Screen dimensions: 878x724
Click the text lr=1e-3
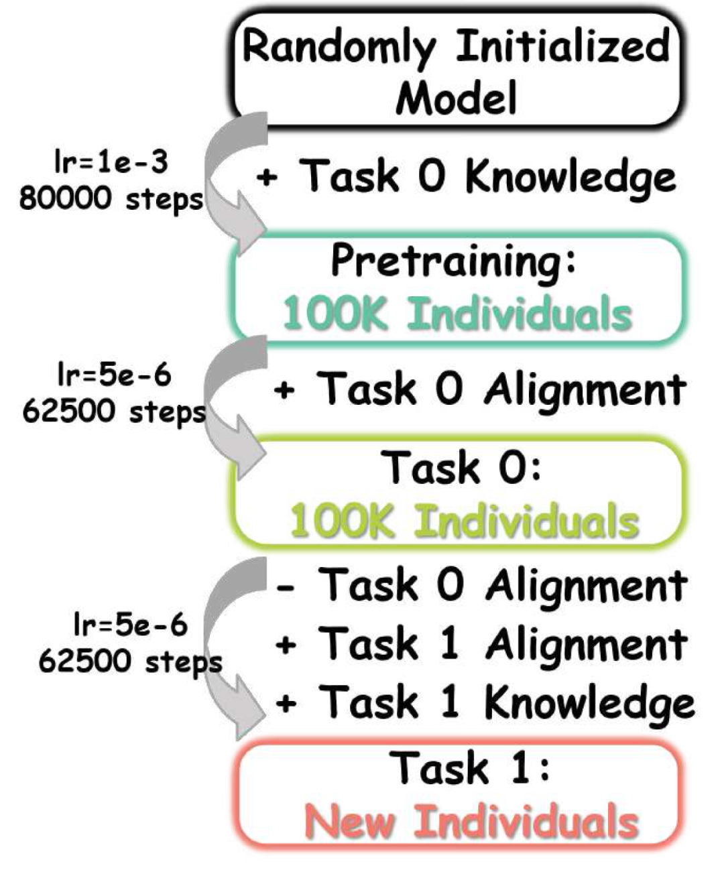(111, 163)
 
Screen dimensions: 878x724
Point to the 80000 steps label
(111, 198)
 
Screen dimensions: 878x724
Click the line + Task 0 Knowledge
(466, 177)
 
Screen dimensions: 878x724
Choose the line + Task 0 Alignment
(479, 389)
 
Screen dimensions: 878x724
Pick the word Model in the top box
(456, 97)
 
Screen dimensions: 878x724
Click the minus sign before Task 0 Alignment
(286, 588)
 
